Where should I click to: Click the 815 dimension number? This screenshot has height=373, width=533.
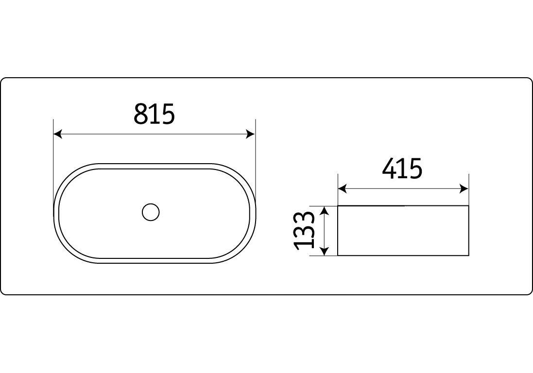(154, 114)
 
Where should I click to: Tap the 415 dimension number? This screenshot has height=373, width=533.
(402, 168)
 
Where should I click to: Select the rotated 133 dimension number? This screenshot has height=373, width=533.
(304, 231)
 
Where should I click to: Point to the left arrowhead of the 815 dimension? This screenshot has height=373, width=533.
(58, 134)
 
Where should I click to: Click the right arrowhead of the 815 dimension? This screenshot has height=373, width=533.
(251, 134)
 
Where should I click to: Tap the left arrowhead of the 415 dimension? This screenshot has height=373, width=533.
(343, 188)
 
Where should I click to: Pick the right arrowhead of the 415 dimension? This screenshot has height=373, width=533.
(464, 188)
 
